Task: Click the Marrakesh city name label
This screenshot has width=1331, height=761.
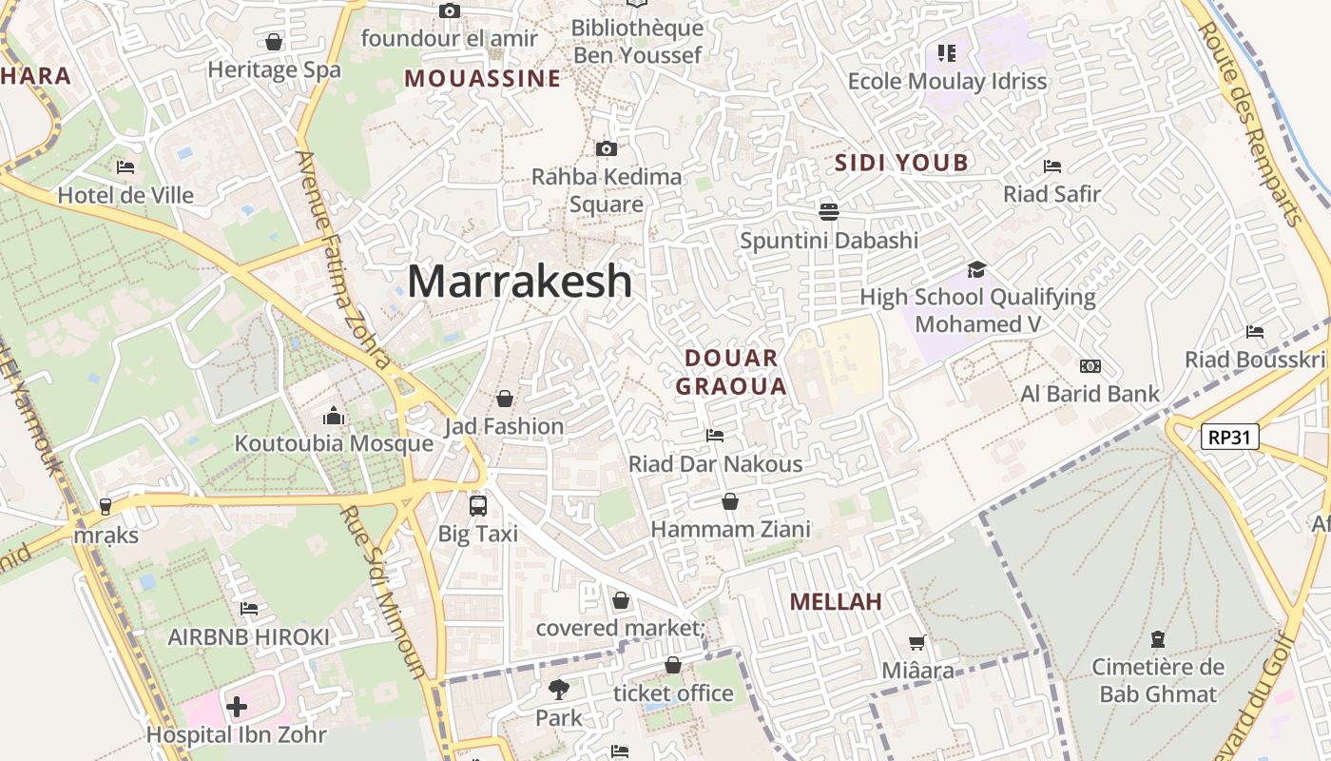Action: pyautogui.click(x=519, y=282)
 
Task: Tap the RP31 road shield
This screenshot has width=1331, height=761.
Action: pyautogui.click(x=1229, y=437)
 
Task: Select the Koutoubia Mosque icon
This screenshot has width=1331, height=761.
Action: pyautogui.click(x=333, y=416)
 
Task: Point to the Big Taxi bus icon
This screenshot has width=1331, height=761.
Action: pyautogui.click(x=478, y=506)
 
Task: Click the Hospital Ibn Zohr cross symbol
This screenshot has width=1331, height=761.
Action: pyautogui.click(x=237, y=707)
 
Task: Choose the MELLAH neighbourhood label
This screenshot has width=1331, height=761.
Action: pyautogui.click(x=836, y=601)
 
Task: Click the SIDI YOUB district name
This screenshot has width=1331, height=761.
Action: pyautogui.click(x=901, y=163)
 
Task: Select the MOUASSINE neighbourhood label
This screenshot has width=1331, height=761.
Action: pyautogui.click(x=482, y=78)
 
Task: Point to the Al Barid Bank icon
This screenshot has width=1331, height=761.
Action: pyautogui.click(x=1090, y=366)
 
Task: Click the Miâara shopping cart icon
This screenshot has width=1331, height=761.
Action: pyautogui.click(x=917, y=643)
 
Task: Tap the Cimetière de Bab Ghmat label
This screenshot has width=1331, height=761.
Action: pyautogui.click(x=1157, y=680)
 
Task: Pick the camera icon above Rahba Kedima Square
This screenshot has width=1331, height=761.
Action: pyautogui.click(x=606, y=148)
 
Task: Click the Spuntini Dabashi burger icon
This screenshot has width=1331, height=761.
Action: pyautogui.click(x=828, y=211)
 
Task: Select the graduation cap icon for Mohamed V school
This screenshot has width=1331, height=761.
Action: pyautogui.click(x=976, y=269)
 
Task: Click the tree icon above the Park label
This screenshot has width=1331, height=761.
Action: pyautogui.click(x=558, y=689)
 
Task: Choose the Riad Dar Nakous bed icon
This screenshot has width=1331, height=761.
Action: pyautogui.click(x=715, y=436)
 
